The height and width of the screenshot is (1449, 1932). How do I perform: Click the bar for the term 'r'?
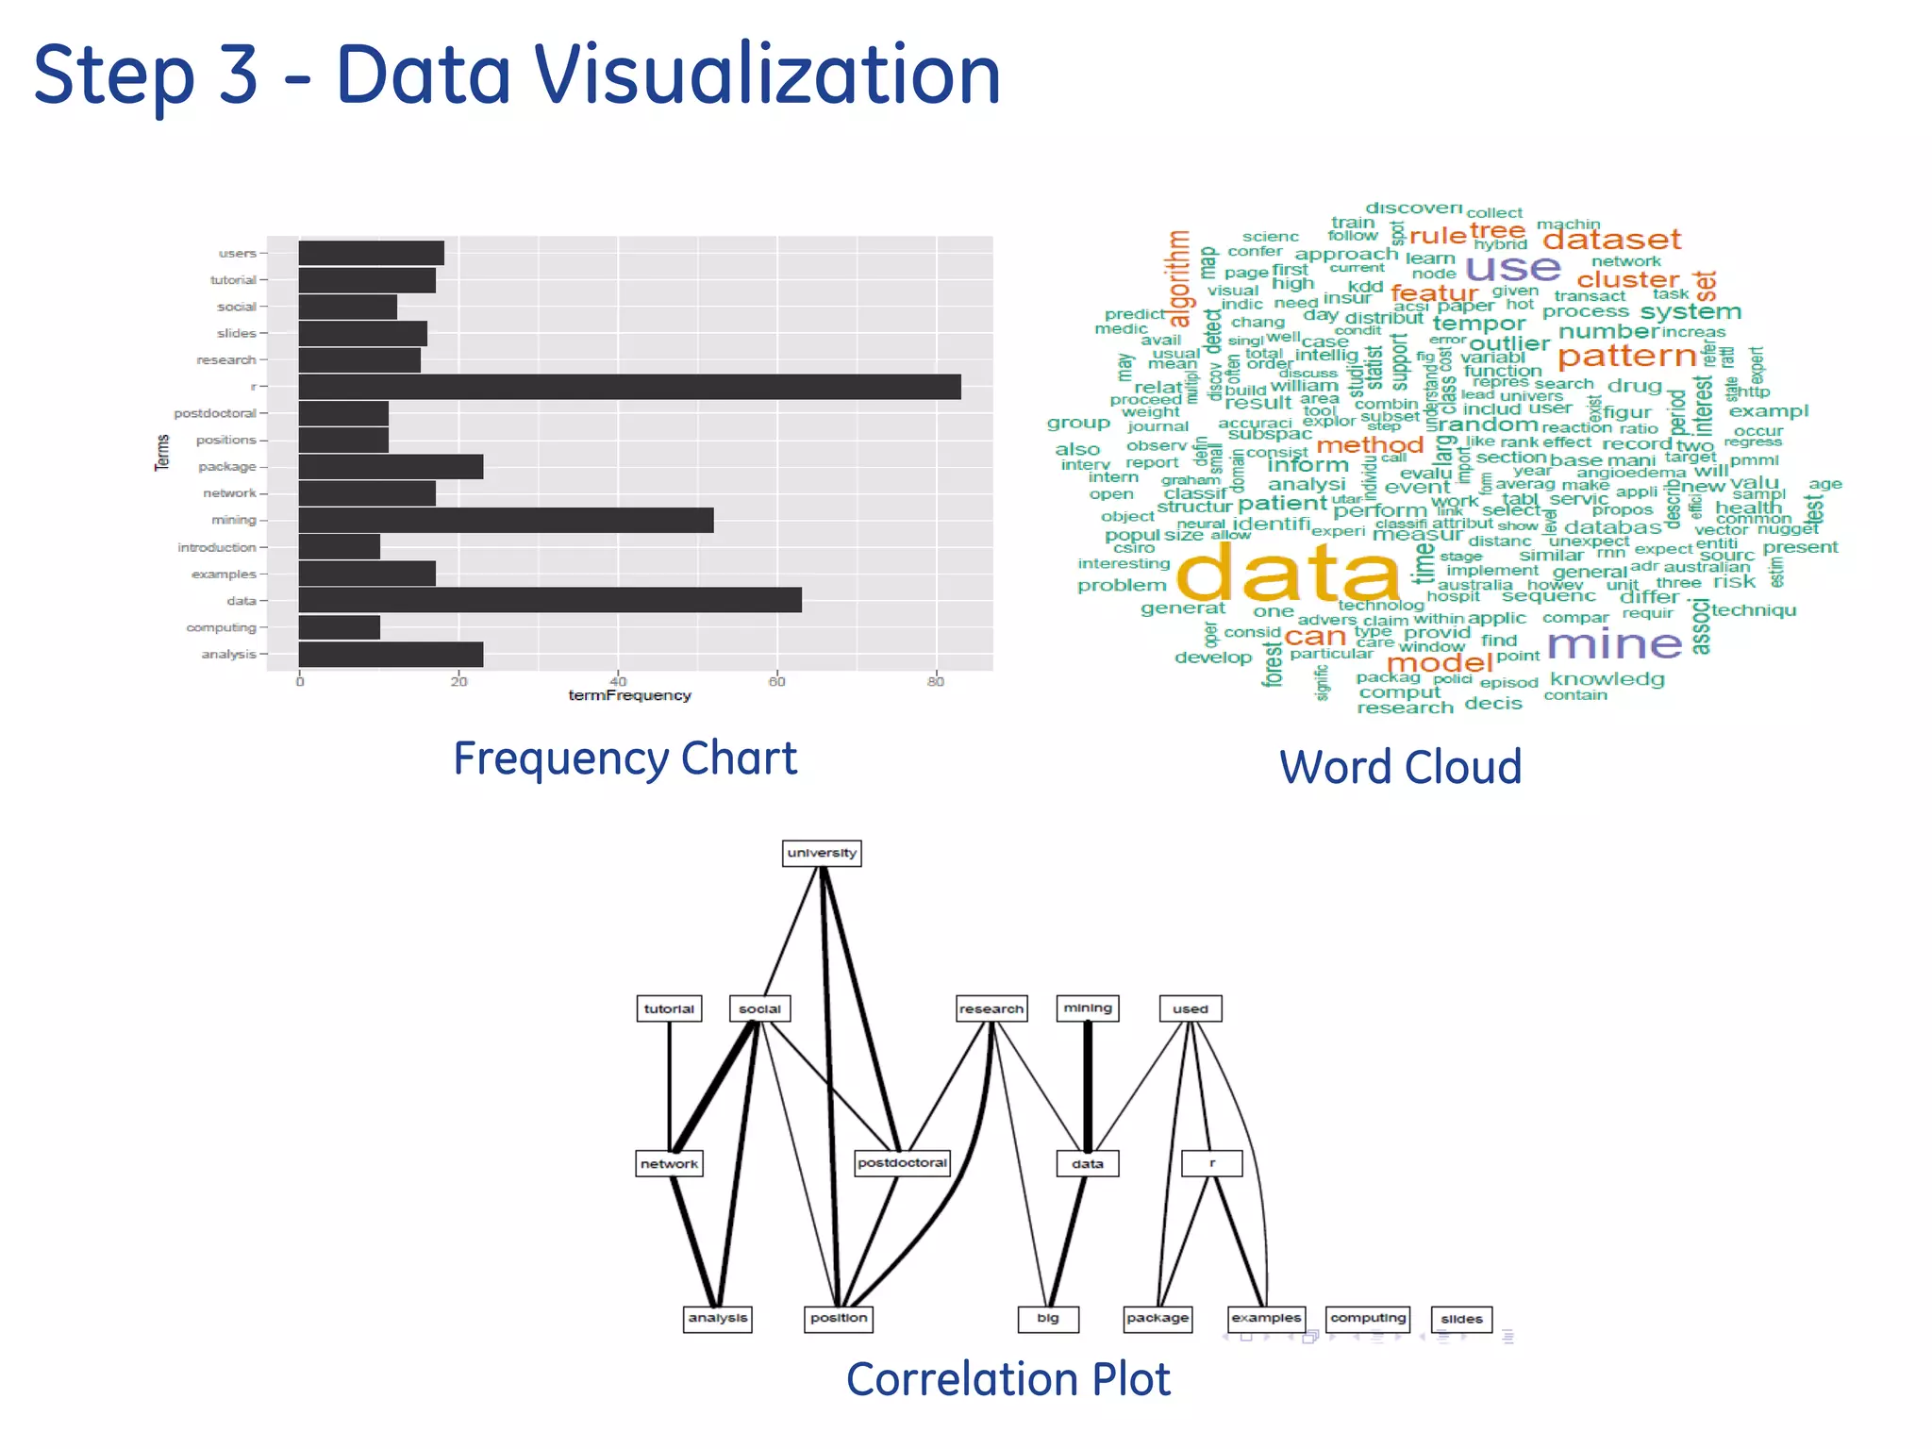tap(629, 387)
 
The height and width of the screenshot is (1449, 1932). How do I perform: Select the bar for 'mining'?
tap(506, 520)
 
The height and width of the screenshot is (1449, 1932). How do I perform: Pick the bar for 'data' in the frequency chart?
tap(550, 600)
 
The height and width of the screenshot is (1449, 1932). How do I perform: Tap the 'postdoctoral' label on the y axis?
tap(215, 413)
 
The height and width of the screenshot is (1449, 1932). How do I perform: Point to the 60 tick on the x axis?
tap(776, 681)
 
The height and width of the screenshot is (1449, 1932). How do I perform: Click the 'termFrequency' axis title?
tap(629, 695)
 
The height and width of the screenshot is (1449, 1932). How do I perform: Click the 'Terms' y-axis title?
tap(162, 453)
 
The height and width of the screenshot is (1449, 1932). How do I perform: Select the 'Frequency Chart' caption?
tap(625, 758)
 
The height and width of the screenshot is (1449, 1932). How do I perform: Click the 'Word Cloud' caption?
tap(1400, 767)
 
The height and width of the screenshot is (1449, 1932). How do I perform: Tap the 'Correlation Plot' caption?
tap(1008, 1379)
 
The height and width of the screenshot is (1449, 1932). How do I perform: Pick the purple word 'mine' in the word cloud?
tap(1614, 644)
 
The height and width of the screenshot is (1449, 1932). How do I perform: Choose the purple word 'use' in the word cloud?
tap(1512, 268)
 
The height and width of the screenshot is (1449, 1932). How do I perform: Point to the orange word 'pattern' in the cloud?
tap(1626, 356)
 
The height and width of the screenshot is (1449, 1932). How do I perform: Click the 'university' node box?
tap(822, 853)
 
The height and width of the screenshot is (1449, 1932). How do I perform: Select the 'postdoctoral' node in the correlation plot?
tap(902, 1163)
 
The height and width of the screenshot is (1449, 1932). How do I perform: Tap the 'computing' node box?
tap(1368, 1318)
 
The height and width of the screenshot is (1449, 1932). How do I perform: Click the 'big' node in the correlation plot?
tap(1048, 1318)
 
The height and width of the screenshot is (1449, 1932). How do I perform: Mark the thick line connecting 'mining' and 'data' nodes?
tap(1088, 1085)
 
